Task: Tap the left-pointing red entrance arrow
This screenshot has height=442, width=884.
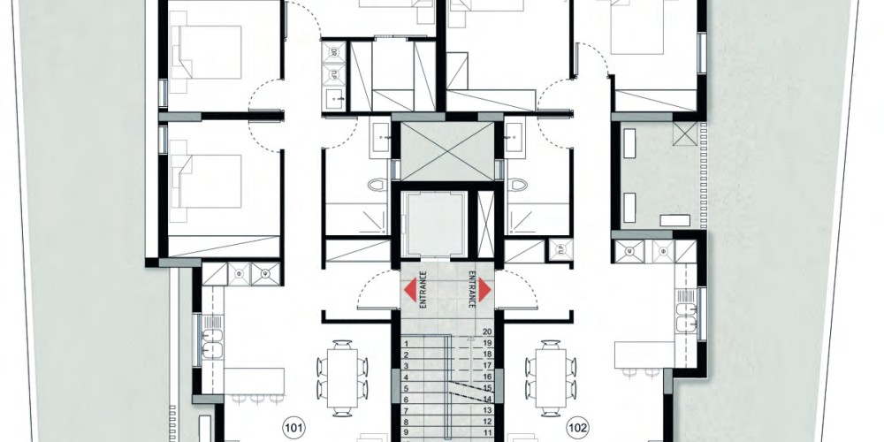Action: (410, 290)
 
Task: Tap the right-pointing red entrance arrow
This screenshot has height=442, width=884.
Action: (484, 290)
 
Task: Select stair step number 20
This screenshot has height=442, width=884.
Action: (488, 332)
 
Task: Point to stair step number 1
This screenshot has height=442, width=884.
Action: (406, 343)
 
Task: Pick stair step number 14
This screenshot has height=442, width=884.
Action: (488, 399)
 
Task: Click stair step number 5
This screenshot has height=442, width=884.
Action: (406, 388)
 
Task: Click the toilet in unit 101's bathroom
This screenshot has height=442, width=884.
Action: (377, 185)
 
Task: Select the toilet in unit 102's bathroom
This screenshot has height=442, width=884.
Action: (517, 185)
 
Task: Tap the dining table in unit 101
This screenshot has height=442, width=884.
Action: (342, 378)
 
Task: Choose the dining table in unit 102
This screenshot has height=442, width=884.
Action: (550, 378)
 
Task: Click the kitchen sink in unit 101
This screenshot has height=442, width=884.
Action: (212, 341)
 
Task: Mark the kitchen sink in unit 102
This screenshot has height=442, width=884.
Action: (686, 316)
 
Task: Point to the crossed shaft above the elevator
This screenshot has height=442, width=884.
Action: (446, 150)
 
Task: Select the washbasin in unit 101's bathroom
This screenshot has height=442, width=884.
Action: (379, 138)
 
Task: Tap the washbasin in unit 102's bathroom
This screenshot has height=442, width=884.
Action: (514, 138)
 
